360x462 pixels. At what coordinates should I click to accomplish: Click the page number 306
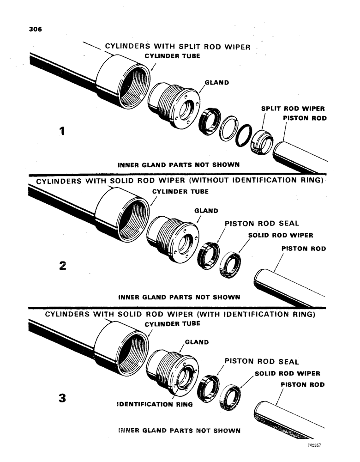click(x=35, y=28)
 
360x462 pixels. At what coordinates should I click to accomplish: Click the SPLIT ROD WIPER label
click(x=293, y=109)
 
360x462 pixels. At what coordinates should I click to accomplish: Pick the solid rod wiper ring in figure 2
click(x=229, y=264)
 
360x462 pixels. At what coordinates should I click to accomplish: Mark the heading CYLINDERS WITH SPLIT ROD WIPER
click(x=178, y=46)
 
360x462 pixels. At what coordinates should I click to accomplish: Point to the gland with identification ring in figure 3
click(x=173, y=370)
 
